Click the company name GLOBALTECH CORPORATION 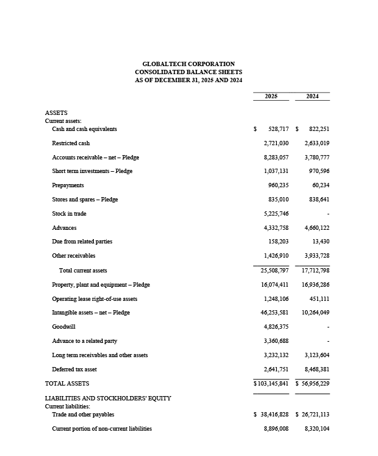(188, 64)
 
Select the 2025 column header (271, 96)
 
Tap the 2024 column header (313, 96)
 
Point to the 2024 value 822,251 (316, 129)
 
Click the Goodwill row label (64, 327)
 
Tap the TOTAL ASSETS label (67, 384)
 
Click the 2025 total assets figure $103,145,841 (271, 384)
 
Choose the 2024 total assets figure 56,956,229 (314, 384)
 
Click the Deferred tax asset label (74, 369)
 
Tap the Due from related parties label (82, 242)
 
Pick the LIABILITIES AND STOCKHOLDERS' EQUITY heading (108, 399)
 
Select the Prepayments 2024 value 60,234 (319, 185)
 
